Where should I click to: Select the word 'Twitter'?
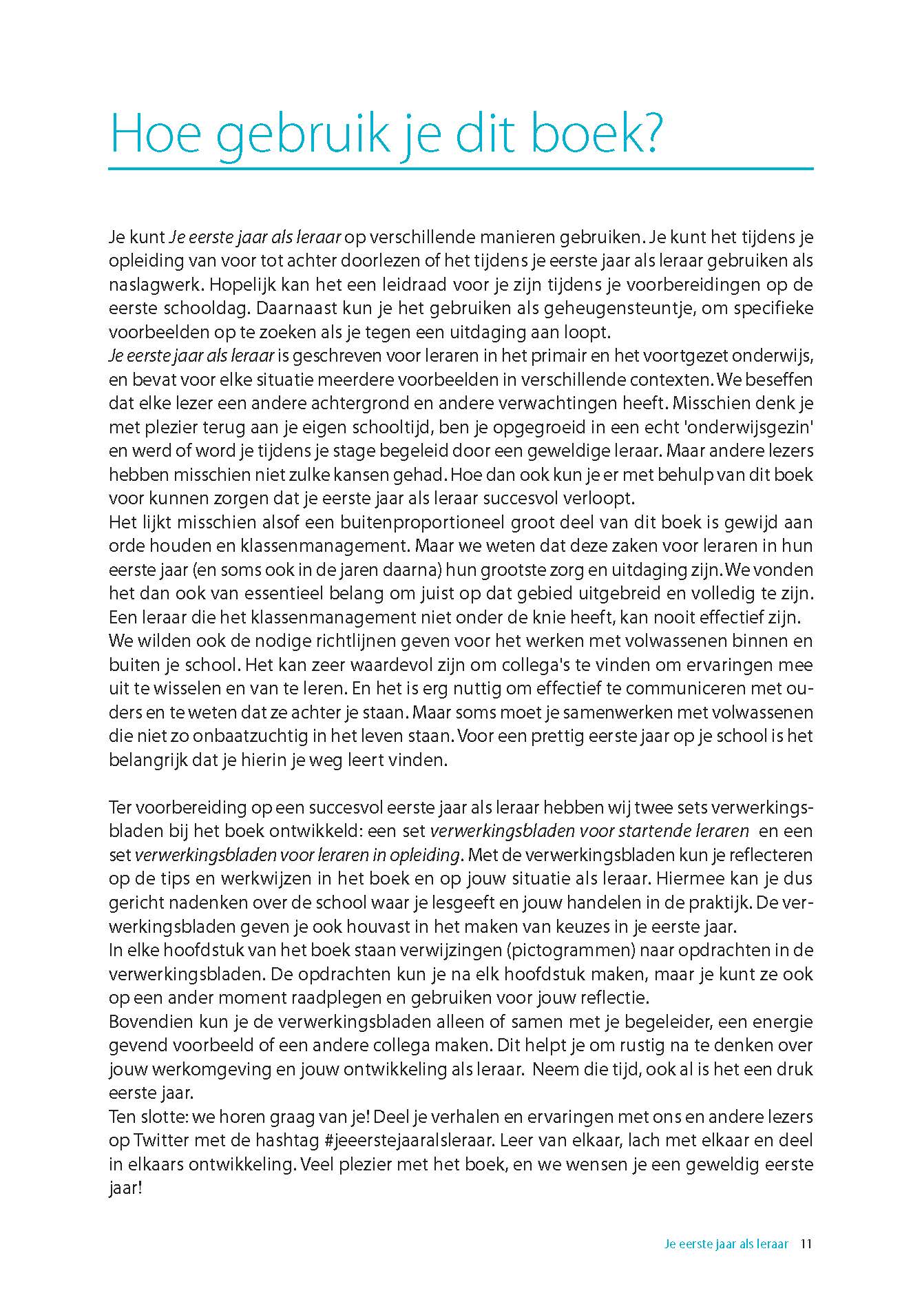point(158,1139)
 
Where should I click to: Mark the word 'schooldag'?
point(204,309)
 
